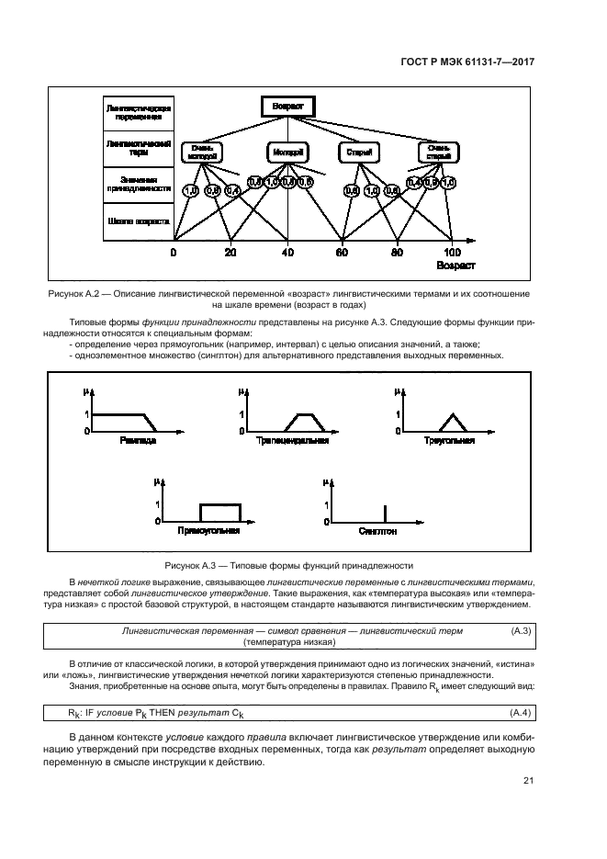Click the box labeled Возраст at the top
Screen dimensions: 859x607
click(287, 107)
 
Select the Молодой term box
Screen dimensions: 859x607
click(288, 152)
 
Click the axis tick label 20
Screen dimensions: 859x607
click(230, 253)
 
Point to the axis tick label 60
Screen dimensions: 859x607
click(343, 253)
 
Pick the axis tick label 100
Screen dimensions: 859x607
click(453, 253)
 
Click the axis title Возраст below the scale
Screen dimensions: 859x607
click(456, 266)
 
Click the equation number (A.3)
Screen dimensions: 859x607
click(521, 631)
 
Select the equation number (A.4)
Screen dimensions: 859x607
click(521, 713)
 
